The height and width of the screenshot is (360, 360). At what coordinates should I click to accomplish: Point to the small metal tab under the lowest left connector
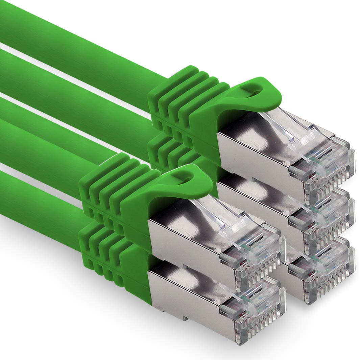(x=184, y=318)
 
